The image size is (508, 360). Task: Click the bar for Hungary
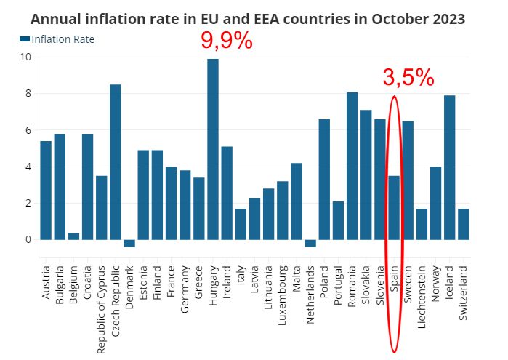(213, 149)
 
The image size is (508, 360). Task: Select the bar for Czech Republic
(116, 161)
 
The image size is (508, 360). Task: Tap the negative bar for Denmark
(129, 243)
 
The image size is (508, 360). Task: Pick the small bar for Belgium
(73, 236)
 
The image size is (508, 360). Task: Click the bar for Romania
(352, 166)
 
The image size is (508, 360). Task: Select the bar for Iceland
(449, 167)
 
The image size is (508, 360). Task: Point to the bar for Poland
(324, 179)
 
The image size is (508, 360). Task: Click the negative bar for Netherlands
(310, 243)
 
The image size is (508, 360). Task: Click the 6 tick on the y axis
(28, 130)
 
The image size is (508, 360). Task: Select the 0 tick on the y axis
(28, 239)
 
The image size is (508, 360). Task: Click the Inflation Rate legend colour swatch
(25, 39)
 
